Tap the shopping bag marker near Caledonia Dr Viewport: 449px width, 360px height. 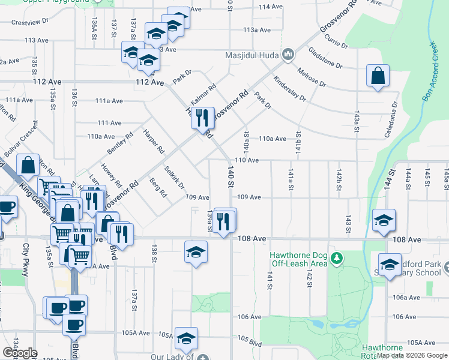pyautogui.click(x=376, y=77)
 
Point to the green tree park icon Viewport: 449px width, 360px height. pyautogui.click(x=338, y=259)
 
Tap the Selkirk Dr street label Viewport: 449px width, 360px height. pyautogui.click(x=174, y=177)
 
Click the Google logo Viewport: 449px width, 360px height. pyautogui.click(x=20, y=352)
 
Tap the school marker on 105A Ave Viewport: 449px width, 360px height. pyautogui.click(x=187, y=340)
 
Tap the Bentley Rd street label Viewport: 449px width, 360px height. pyautogui.click(x=119, y=143)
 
